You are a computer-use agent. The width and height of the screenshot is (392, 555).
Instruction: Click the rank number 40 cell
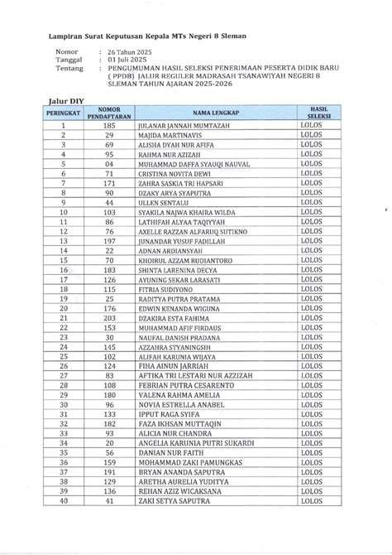tap(64, 500)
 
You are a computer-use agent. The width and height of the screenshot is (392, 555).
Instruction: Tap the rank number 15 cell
tap(64, 259)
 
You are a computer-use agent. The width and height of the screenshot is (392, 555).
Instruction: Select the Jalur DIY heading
tap(65, 99)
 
